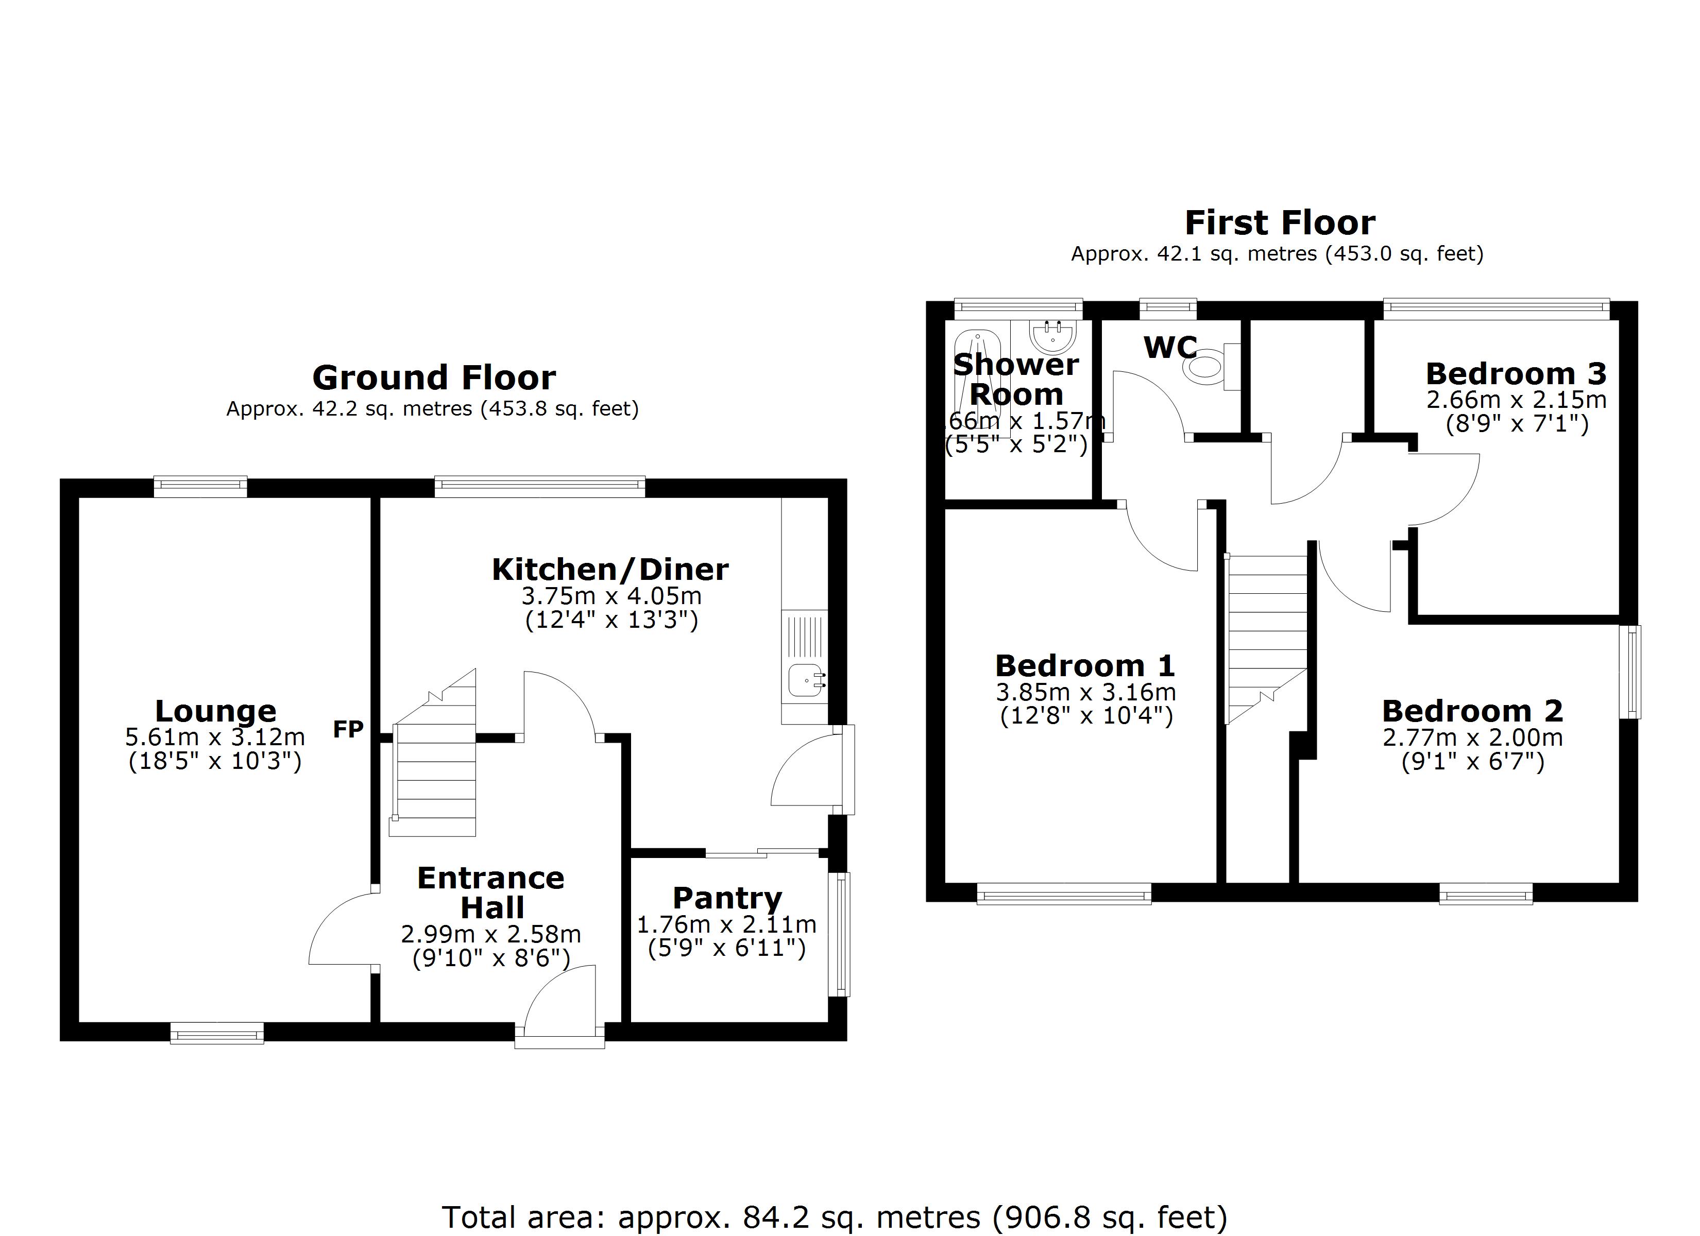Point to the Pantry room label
(727, 897)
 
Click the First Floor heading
(1280, 222)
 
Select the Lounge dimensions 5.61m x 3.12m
(215, 737)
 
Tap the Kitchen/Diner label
(609, 570)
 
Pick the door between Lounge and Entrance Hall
(341, 930)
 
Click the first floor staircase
(1266, 637)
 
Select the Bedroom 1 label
(1084, 665)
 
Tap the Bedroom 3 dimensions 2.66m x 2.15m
(1516, 400)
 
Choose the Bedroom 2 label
(1472, 711)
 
